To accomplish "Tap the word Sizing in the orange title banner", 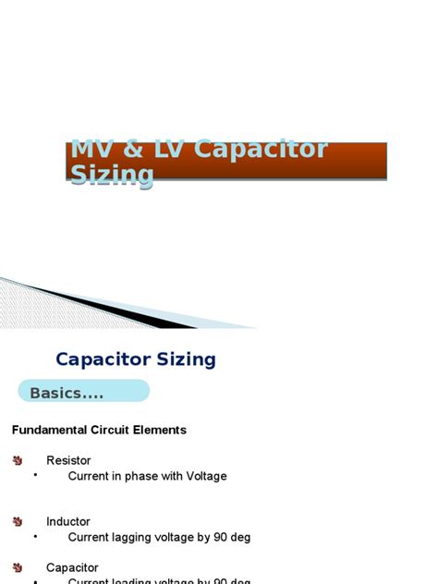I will click(x=112, y=176).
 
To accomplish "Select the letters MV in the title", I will click(x=91, y=150).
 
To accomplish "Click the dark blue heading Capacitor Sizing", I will click(x=136, y=359).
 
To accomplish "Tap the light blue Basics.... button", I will click(x=83, y=393).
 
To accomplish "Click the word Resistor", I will click(x=68, y=460).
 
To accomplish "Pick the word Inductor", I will click(x=68, y=521).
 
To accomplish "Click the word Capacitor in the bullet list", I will click(x=72, y=567).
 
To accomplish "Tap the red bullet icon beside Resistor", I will click(x=18, y=460).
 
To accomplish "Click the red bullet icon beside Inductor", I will click(x=18, y=521).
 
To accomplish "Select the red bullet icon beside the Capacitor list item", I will click(x=18, y=567).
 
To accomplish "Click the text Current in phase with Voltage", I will click(x=147, y=476).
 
